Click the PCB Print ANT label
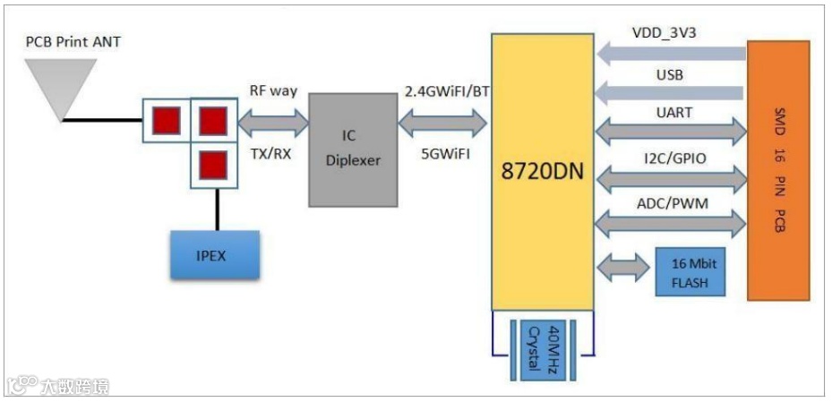coord(73,43)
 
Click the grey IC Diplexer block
coord(354,150)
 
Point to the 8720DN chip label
coord(542,171)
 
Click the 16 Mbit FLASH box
coord(690,272)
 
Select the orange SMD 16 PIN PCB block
coord(776,171)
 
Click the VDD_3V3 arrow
coord(671,53)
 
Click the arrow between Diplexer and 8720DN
coord(443,121)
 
